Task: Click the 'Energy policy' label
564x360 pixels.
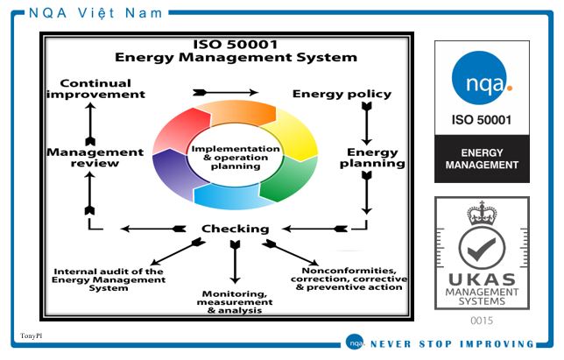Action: click(342, 95)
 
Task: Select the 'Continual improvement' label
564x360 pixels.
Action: click(95, 88)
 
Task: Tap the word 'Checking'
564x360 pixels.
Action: click(236, 229)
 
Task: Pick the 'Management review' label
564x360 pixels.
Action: click(95, 158)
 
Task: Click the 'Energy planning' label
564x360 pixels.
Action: click(372, 158)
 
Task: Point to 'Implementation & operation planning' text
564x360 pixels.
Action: click(236, 158)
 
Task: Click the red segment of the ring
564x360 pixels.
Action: click(180, 130)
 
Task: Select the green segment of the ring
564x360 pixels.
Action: click(290, 178)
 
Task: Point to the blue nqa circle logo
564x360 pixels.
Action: click(482, 78)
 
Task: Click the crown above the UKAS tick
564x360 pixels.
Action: click(482, 213)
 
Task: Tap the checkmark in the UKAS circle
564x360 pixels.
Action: click(482, 249)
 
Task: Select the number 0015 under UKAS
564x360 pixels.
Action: click(482, 321)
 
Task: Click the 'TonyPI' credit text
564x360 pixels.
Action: click(31, 335)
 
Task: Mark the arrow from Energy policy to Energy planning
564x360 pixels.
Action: click(367, 124)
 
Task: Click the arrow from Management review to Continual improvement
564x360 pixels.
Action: click(90, 124)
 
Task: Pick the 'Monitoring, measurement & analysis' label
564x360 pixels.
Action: click(235, 302)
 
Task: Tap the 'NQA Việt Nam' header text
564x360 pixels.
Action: click(95, 13)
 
